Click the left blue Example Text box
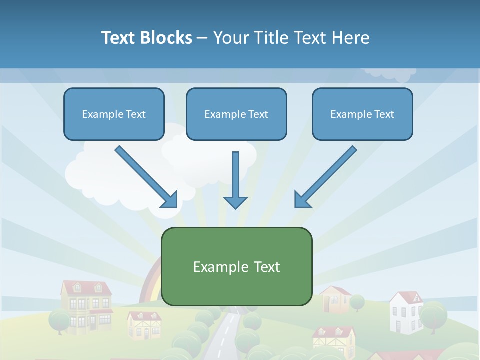point(114,114)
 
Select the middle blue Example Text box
point(236,114)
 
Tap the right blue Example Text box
point(362,114)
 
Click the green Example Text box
point(236,266)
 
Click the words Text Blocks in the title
point(146,38)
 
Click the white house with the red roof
point(406,312)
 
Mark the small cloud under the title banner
point(390,74)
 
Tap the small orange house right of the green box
point(335,299)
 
